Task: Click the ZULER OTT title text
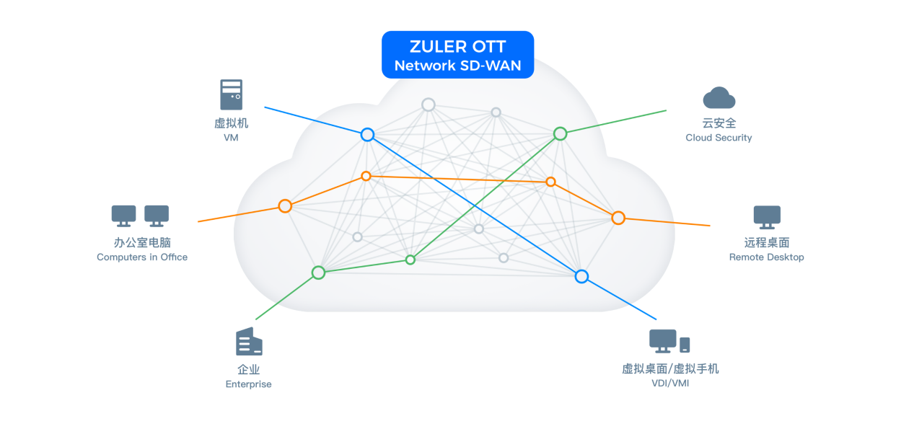click(457, 46)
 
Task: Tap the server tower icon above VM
click(232, 94)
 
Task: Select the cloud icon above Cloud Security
click(719, 98)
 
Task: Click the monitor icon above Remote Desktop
click(767, 216)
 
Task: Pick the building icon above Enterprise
click(249, 342)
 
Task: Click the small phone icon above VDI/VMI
click(685, 345)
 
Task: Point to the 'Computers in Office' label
click(142, 257)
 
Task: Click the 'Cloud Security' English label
click(719, 138)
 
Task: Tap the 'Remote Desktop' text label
click(766, 257)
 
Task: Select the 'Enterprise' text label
click(248, 384)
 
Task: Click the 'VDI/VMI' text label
click(669, 384)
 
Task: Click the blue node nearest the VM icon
click(367, 135)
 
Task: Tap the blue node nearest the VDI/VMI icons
click(581, 276)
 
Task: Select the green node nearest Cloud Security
click(560, 133)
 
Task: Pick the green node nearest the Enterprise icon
click(318, 273)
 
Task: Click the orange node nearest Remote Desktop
click(618, 218)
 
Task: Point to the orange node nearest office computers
click(285, 206)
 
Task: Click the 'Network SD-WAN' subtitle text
click(457, 66)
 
